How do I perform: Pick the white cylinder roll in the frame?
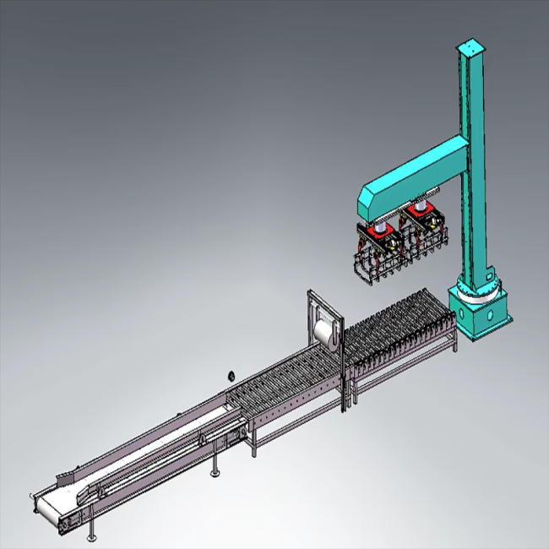tap(325, 330)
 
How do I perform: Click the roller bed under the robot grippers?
tap(401, 329)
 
